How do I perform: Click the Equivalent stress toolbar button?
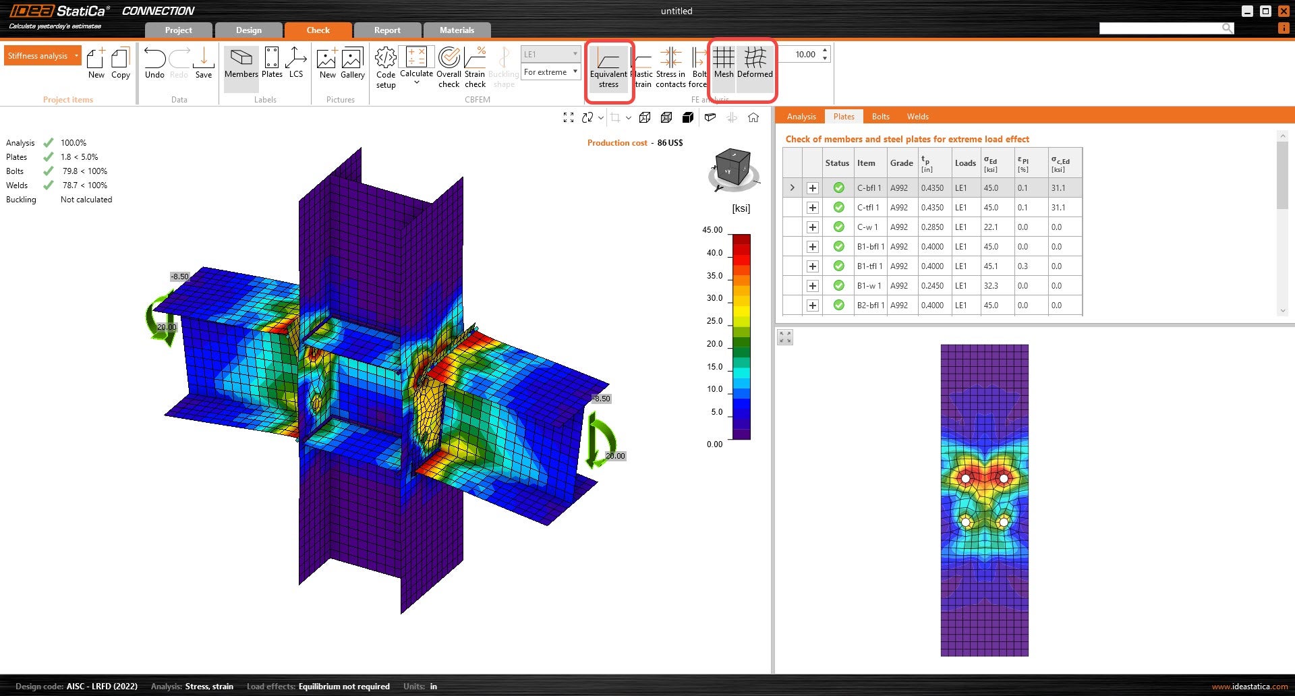(608, 69)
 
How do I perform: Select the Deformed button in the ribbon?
(755, 63)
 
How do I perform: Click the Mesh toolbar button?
(723, 63)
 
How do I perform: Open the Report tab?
(387, 30)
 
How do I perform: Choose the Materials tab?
(457, 30)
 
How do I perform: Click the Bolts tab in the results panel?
(880, 117)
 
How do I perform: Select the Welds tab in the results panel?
(917, 117)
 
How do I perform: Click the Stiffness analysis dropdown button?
(42, 56)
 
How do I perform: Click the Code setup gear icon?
(386, 59)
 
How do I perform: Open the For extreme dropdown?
(551, 72)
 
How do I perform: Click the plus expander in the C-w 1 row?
(812, 227)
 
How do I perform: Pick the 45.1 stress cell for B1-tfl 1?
(991, 266)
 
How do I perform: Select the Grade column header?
(901, 163)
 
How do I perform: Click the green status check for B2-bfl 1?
(838, 306)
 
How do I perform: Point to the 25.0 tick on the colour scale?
(715, 321)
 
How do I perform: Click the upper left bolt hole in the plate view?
(966, 478)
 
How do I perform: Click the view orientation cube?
(732, 167)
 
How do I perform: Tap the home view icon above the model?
(753, 117)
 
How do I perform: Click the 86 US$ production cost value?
(670, 143)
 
